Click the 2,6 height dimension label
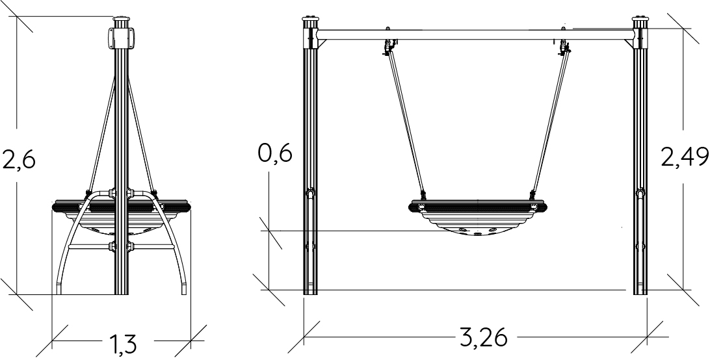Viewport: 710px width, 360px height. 19,159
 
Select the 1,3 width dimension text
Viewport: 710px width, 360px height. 122,344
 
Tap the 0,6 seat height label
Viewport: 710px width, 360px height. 275,153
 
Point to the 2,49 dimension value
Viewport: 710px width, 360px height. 685,157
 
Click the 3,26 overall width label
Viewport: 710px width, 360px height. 484,337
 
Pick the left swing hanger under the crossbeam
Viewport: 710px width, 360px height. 389,47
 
